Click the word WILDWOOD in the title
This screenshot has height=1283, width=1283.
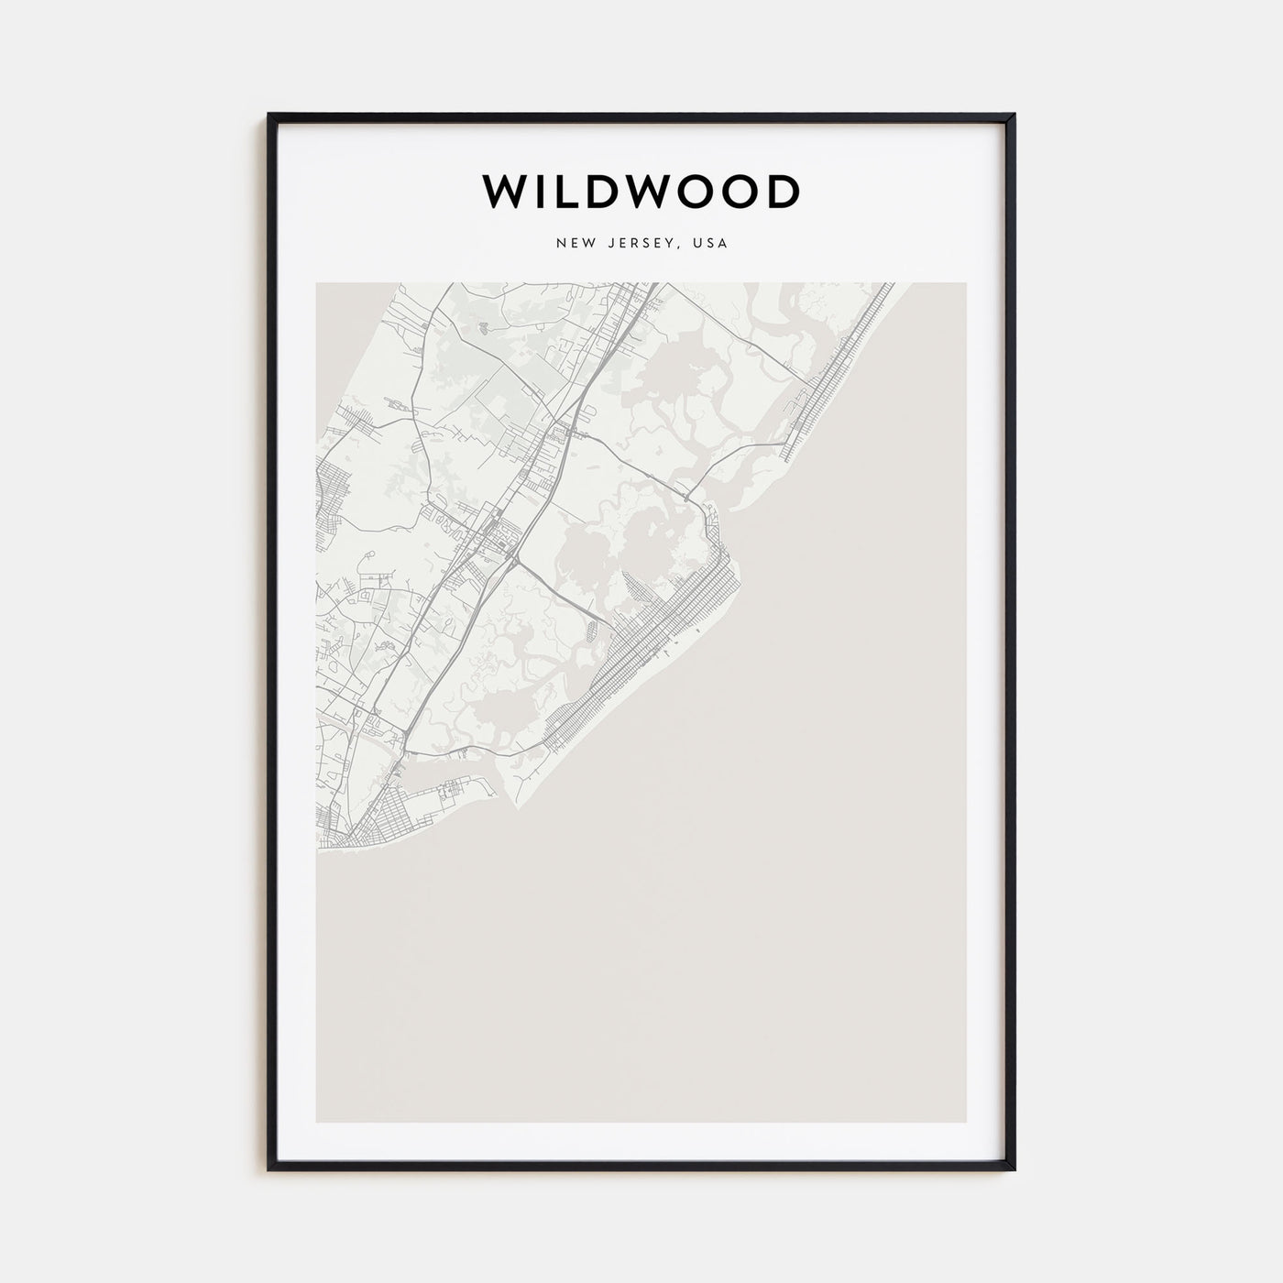pyautogui.click(x=641, y=192)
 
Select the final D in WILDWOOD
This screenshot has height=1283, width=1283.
pyautogui.click(x=782, y=192)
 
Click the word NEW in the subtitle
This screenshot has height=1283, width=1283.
pyautogui.click(x=570, y=244)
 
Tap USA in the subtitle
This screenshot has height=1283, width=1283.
pyautogui.click(x=711, y=244)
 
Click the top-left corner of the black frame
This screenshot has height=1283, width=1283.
pyautogui.click(x=269, y=115)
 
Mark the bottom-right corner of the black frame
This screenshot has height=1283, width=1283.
pyautogui.click(x=1014, y=1169)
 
